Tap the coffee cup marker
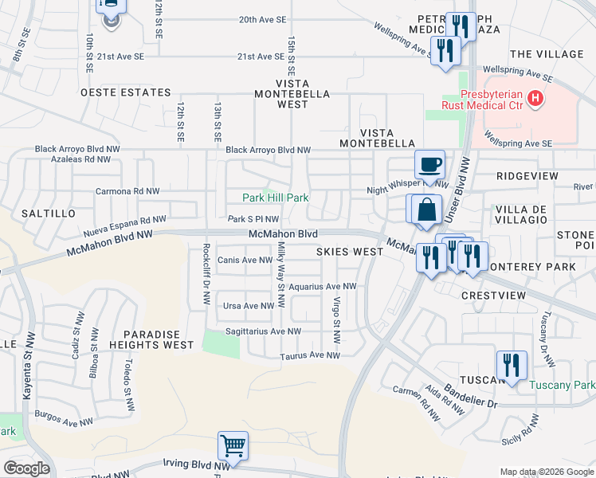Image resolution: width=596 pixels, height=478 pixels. (x=429, y=165)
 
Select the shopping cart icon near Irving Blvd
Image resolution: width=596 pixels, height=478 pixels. (x=233, y=446)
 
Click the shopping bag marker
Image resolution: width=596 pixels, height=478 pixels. (x=427, y=210)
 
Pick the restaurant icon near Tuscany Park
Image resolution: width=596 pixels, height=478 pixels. (x=512, y=365)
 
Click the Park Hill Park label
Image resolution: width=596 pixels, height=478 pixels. (x=275, y=198)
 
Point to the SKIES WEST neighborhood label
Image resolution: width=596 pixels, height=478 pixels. (x=350, y=251)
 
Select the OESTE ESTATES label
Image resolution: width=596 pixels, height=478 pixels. (x=126, y=92)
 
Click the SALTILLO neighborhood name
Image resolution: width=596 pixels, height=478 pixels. (x=49, y=214)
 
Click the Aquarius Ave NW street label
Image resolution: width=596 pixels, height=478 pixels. (x=322, y=286)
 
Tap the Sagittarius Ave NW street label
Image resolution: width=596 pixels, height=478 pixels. (x=262, y=331)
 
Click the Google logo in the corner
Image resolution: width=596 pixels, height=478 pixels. (x=26, y=468)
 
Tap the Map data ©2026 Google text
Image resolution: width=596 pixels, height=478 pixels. (x=546, y=472)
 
